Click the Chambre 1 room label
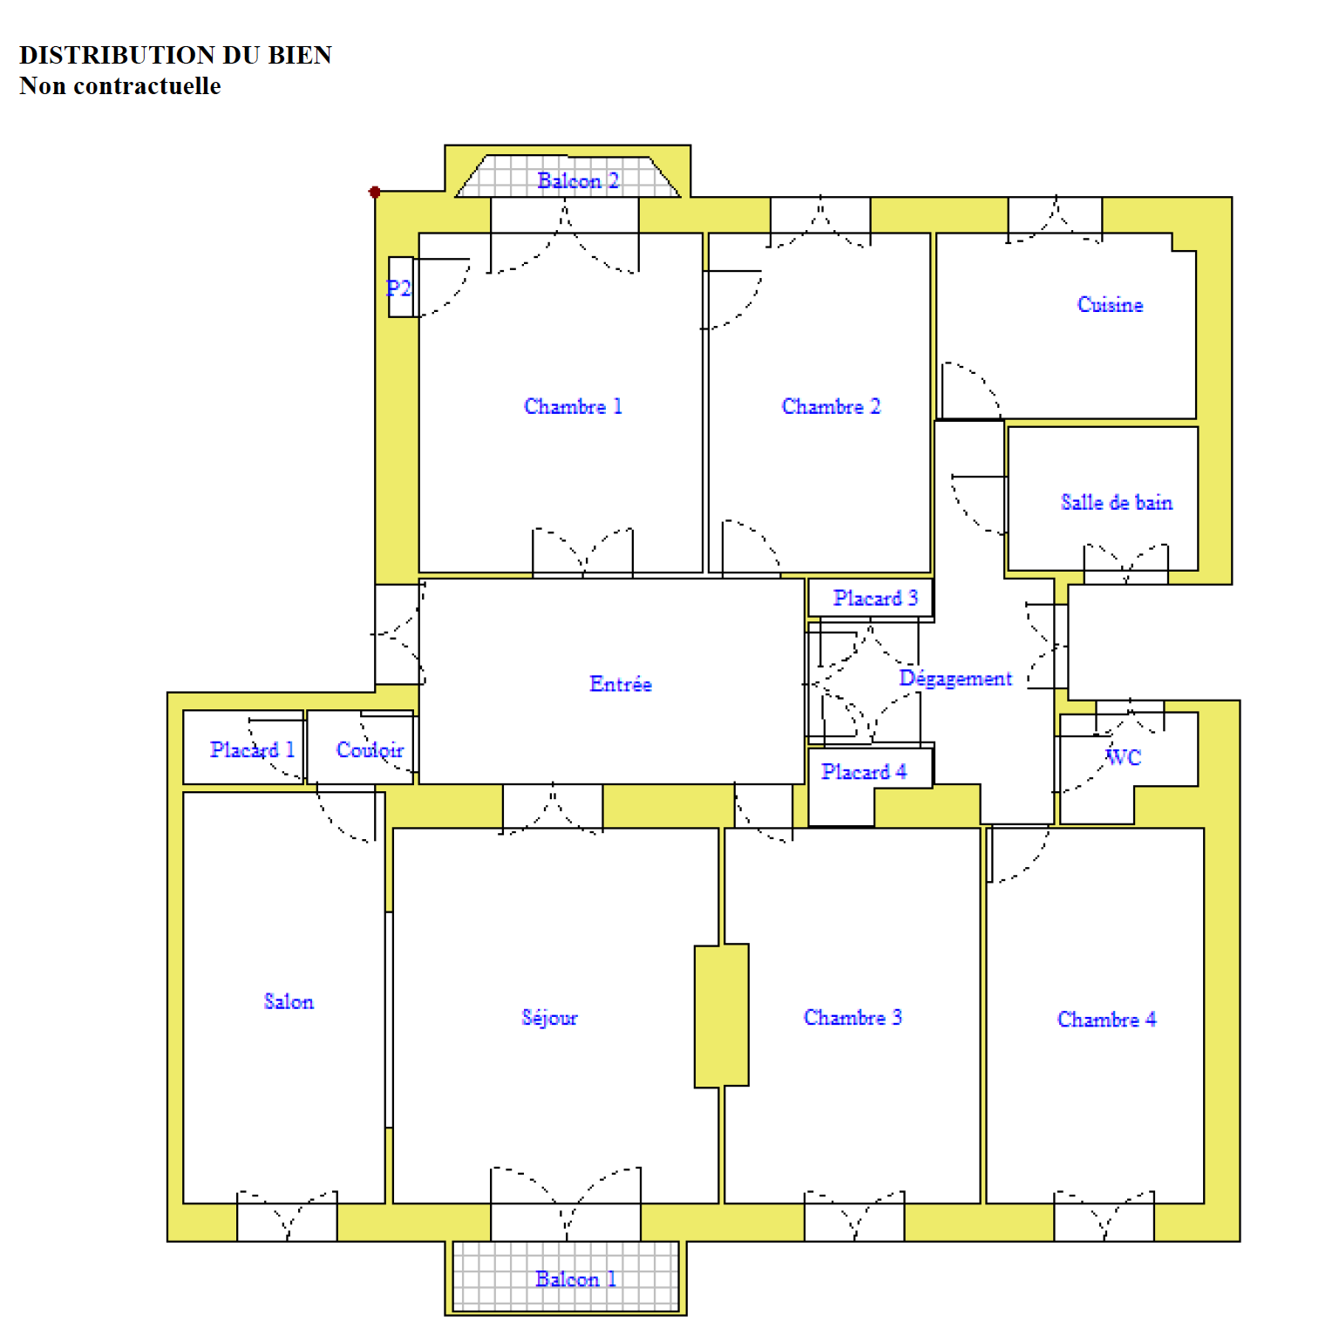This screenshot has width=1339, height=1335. click(573, 406)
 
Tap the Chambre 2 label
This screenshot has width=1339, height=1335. click(831, 406)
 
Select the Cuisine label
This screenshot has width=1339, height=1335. click(1110, 304)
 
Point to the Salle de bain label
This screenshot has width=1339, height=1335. click(1117, 502)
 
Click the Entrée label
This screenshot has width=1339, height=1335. click(621, 684)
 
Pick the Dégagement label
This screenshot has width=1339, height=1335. click(955, 679)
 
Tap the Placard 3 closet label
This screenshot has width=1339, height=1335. click(875, 598)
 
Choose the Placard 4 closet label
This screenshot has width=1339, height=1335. click(864, 771)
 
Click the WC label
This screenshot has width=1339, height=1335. click(1123, 757)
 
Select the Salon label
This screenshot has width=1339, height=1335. click(289, 1001)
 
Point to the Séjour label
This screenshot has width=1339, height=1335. click(549, 1018)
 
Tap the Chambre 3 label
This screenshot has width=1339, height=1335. click(853, 1017)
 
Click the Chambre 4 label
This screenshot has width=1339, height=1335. click(1106, 1019)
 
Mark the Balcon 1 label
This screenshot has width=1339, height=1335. click(575, 1278)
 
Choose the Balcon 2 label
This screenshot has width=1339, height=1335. click(578, 180)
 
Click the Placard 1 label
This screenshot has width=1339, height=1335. click(252, 749)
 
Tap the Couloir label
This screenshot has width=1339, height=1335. click(370, 749)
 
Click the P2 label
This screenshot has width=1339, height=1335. click(398, 288)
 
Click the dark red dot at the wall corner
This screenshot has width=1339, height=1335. click(375, 192)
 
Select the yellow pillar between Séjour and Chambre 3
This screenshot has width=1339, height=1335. click(722, 1015)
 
